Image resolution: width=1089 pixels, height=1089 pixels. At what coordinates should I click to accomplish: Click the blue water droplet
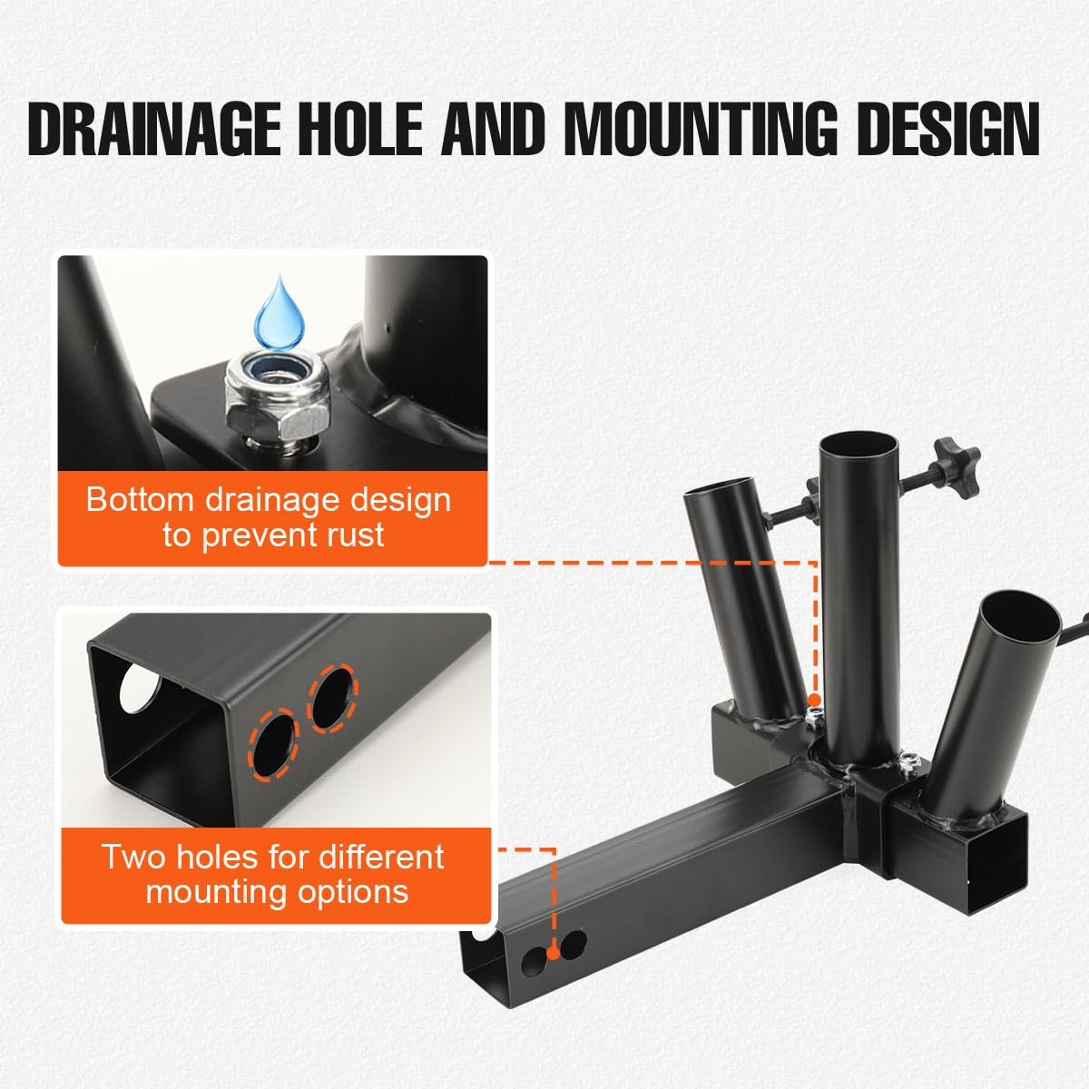pyautogui.click(x=279, y=313)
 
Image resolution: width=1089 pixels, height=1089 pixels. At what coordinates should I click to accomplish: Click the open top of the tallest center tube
pyautogui.click(x=858, y=450)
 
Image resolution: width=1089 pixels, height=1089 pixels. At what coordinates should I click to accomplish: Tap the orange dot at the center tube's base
pyautogui.click(x=814, y=700)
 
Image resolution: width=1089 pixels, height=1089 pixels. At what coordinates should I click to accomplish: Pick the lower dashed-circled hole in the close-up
pyautogui.click(x=274, y=744)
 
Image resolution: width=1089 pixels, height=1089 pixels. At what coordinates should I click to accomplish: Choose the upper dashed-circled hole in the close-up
pyautogui.click(x=332, y=697)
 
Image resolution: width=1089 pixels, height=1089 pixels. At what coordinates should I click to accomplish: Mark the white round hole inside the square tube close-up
pyautogui.click(x=138, y=688)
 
